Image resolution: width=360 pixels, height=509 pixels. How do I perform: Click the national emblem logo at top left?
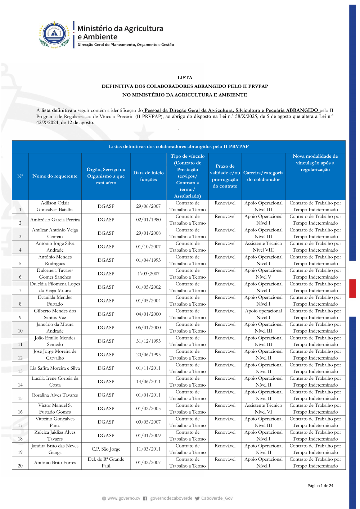(54, 34)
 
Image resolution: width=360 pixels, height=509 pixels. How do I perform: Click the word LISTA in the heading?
(185, 77)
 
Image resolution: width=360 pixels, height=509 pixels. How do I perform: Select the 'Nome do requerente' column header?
(55, 176)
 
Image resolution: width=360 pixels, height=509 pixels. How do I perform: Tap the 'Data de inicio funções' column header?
(148, 176)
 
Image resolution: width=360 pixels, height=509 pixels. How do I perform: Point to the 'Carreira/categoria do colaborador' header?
(263, 176)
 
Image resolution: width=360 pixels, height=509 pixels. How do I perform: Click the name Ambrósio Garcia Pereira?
(55, 220)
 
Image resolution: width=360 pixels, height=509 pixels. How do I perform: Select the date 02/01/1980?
(148, 220)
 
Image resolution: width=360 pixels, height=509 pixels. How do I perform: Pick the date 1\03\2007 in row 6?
(148, 274)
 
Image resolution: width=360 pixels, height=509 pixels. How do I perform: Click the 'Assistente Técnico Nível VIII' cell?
(263, 247)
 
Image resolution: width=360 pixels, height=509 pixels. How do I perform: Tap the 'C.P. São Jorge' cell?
(106, 449)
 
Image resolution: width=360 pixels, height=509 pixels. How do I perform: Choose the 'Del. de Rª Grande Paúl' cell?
(106, 463)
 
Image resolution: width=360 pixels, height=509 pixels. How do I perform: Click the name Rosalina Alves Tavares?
(55, 395)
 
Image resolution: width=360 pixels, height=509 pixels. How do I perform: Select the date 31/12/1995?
(148, 341)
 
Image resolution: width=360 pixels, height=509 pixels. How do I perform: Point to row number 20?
(20, 466)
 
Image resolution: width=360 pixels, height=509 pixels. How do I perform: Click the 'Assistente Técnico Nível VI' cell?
(263, 409)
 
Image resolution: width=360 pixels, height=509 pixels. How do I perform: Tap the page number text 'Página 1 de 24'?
(320, 486)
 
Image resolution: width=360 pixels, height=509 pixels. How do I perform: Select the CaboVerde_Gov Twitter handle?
(217, 498)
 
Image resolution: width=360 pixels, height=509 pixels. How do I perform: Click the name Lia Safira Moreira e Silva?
(55, 368)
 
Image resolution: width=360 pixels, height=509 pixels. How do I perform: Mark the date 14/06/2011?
(148, 382)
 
